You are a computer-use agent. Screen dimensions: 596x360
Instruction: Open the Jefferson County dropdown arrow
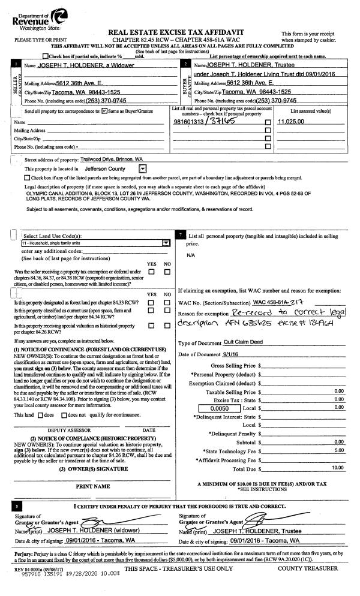[x=142, y=169]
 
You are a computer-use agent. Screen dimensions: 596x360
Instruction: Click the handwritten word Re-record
[x=245, y=312]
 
